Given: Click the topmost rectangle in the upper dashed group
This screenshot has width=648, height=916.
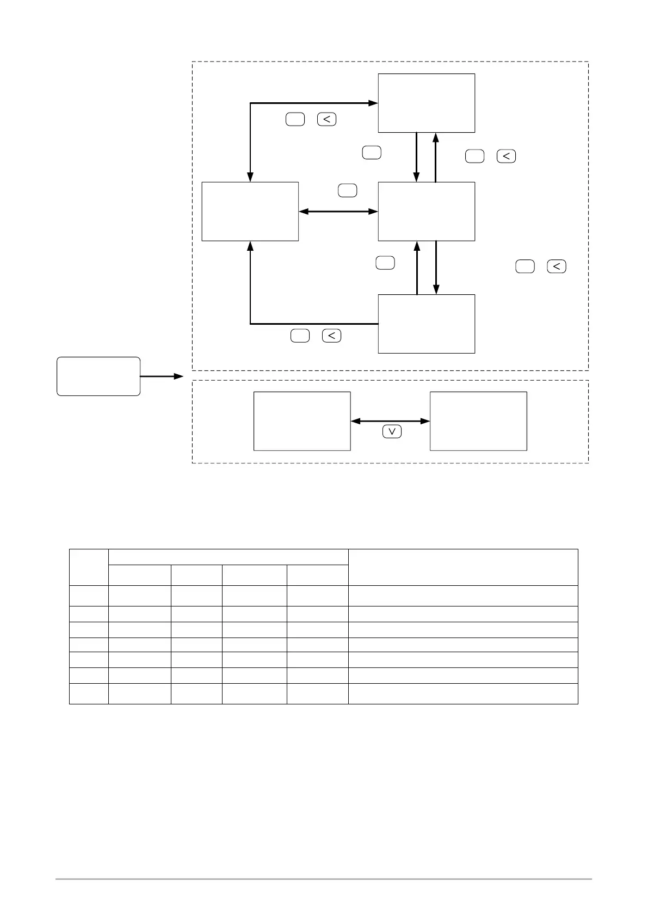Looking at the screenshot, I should click(426, 103).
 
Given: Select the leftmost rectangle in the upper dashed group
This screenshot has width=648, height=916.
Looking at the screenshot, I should click(250, 211).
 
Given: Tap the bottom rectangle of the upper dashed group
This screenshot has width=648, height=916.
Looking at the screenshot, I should click(426, 324).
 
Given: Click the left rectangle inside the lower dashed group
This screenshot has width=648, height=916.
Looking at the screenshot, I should click(302, 421).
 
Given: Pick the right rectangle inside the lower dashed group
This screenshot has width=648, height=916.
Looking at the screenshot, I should click(478, 421).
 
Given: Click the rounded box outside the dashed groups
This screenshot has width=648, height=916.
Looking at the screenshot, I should click(98, 376).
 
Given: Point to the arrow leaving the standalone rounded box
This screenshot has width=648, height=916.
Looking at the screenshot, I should click(162, 376).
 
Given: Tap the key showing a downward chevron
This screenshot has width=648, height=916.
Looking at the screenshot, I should click(392, 432).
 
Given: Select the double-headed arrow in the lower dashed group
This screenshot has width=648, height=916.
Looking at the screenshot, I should click(390, 421).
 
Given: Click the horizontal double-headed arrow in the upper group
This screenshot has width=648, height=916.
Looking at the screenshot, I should click(338, 211).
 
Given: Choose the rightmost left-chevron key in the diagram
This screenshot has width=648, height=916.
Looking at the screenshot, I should click(557, 267).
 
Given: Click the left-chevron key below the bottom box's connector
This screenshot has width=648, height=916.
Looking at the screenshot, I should click(331, 336).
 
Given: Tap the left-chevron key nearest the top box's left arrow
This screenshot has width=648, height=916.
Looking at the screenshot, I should click(326, 119).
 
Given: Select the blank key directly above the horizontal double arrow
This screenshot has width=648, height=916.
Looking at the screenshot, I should click(347, 190).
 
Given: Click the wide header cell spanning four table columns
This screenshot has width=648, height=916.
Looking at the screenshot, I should click(229, 557).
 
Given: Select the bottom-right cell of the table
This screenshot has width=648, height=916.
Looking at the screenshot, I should click(463, 694).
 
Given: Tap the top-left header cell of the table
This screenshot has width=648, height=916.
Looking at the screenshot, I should click(89, 567).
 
